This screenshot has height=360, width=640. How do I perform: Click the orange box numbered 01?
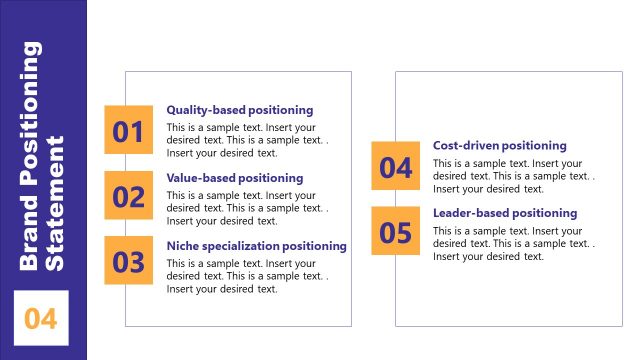coord(129,131)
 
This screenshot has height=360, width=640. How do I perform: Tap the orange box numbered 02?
coord(129,196)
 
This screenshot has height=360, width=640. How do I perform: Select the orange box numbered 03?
coord(129,262)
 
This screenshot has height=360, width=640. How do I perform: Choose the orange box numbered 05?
coord(396,232)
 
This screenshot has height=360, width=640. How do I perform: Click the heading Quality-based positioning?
coord(240,110)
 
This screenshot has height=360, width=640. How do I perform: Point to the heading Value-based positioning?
coord(235,178)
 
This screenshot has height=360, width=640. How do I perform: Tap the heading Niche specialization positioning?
coord(257,246)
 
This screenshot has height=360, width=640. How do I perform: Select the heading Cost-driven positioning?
coord(500,146)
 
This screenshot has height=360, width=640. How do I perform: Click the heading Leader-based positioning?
coord(505,213)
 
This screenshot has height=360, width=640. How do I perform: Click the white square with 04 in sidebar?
coord(41,318)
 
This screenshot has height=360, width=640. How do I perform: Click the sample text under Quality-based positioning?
coord(244,141)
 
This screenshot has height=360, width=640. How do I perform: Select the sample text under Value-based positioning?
coord(244,208)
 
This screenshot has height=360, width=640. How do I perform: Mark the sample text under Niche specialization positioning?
coord(244,276)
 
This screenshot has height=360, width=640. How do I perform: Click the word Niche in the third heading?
coord(183,246)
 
